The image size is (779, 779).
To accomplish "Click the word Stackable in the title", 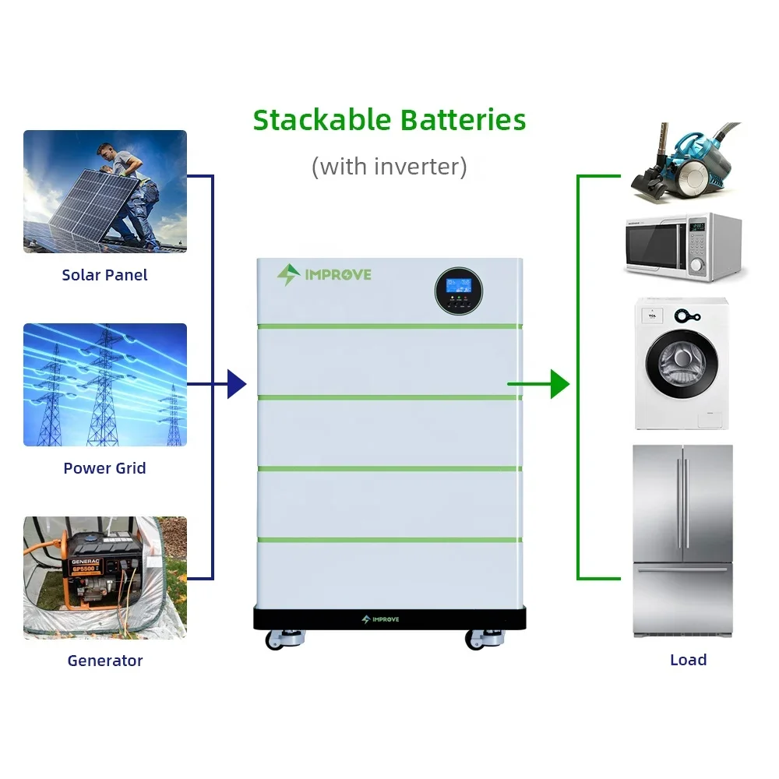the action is tap(322, 120).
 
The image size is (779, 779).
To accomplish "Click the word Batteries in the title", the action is tap(463, 120).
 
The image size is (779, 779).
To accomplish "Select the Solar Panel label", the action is tap(105, 275).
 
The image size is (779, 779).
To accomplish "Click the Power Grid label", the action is tap(105, 468).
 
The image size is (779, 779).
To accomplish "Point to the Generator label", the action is tap(105, 661).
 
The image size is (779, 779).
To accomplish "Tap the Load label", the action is tap(688, 660).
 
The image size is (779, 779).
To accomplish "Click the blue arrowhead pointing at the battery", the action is tap(237, 384).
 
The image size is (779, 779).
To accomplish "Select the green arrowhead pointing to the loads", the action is tap(560, 384).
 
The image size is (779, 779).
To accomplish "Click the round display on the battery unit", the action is tap(459, 291).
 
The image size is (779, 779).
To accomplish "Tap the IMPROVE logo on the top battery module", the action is tap(324, 275).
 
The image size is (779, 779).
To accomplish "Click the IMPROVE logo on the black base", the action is tap(381, 619).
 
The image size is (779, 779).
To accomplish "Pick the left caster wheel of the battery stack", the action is tap(284, 640).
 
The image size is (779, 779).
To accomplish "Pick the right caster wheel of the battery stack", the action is tap(485, 640).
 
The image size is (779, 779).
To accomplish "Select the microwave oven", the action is tap(685, 248).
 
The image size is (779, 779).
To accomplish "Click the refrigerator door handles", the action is tap(682, 503).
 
